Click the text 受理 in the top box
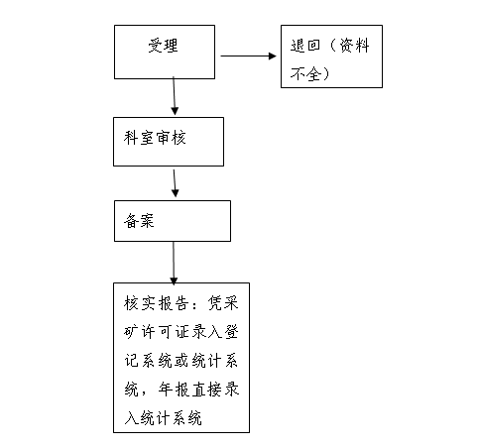tap(163, 46)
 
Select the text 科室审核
tap(155, 138)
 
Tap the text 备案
tap(139, 220)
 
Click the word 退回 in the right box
tap(305, 46)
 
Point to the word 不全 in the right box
tap(305, 73)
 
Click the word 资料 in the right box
tap(354, 46)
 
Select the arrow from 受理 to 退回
tap(248, 56)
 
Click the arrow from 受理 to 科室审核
tap(175, 96)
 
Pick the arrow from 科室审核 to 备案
tap(175, 183)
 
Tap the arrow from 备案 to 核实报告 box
tap(174, 263)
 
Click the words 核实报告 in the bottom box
tap(157, 303)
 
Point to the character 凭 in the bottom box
tap(215, 303)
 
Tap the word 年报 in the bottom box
tap(174, 390)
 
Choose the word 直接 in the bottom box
tap(206, 390)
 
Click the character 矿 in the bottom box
tap(131, 332)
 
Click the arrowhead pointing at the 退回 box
tap(273, 56)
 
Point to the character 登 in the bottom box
tap(231, 332)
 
